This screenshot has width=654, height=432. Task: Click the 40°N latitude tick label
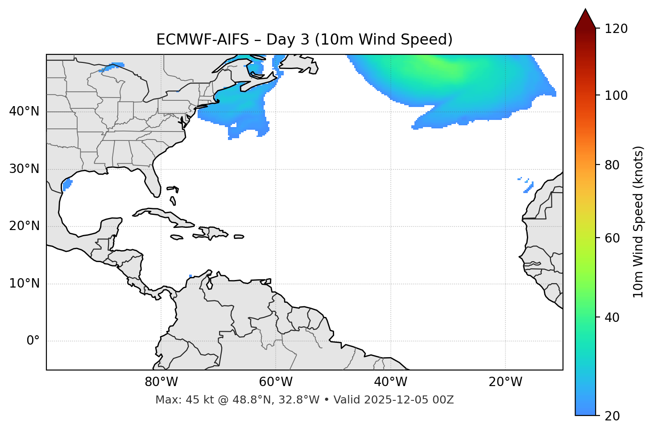24,111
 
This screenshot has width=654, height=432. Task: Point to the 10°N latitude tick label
24,284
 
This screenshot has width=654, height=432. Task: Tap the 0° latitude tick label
33,341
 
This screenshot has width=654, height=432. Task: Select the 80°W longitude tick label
161,382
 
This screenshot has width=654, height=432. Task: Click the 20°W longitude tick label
505,382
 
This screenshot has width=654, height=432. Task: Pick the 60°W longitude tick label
276,382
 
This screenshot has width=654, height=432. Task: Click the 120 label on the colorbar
616,29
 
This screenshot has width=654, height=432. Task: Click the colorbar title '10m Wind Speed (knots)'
638,222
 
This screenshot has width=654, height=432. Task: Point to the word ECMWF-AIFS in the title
203,40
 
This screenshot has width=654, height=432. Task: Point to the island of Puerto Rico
239,237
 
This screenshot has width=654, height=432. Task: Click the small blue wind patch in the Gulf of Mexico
67,183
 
